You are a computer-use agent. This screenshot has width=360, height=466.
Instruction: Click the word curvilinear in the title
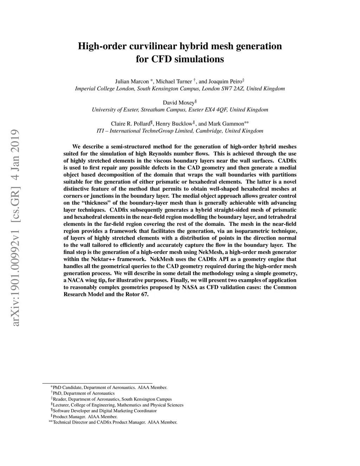pos(154,46)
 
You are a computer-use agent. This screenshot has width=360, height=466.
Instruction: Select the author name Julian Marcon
pos(132,81)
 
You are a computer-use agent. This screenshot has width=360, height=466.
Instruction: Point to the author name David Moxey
pos(178,103)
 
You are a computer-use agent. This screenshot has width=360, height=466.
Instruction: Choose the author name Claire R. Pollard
pos(130,124)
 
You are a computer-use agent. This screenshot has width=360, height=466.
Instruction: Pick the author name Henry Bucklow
pos(174,124)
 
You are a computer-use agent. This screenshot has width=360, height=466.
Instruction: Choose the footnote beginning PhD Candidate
pos(110,388)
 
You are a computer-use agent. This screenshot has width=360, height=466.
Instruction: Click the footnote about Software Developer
pos(104,411)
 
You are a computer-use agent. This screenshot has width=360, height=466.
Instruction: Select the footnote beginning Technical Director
pos(115,422)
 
